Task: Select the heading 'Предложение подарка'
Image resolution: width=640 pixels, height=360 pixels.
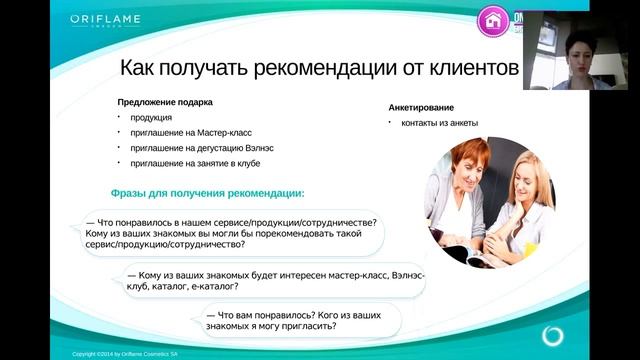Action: (x=165, y=101)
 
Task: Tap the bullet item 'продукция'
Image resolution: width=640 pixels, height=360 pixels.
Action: (x=151, y=118)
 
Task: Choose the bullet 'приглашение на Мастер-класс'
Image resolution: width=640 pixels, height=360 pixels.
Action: (x=190, y=133)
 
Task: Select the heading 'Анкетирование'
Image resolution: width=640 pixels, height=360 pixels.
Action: (x=421, y=108)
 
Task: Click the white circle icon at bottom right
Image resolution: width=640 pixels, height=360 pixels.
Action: (x=553, y=333)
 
